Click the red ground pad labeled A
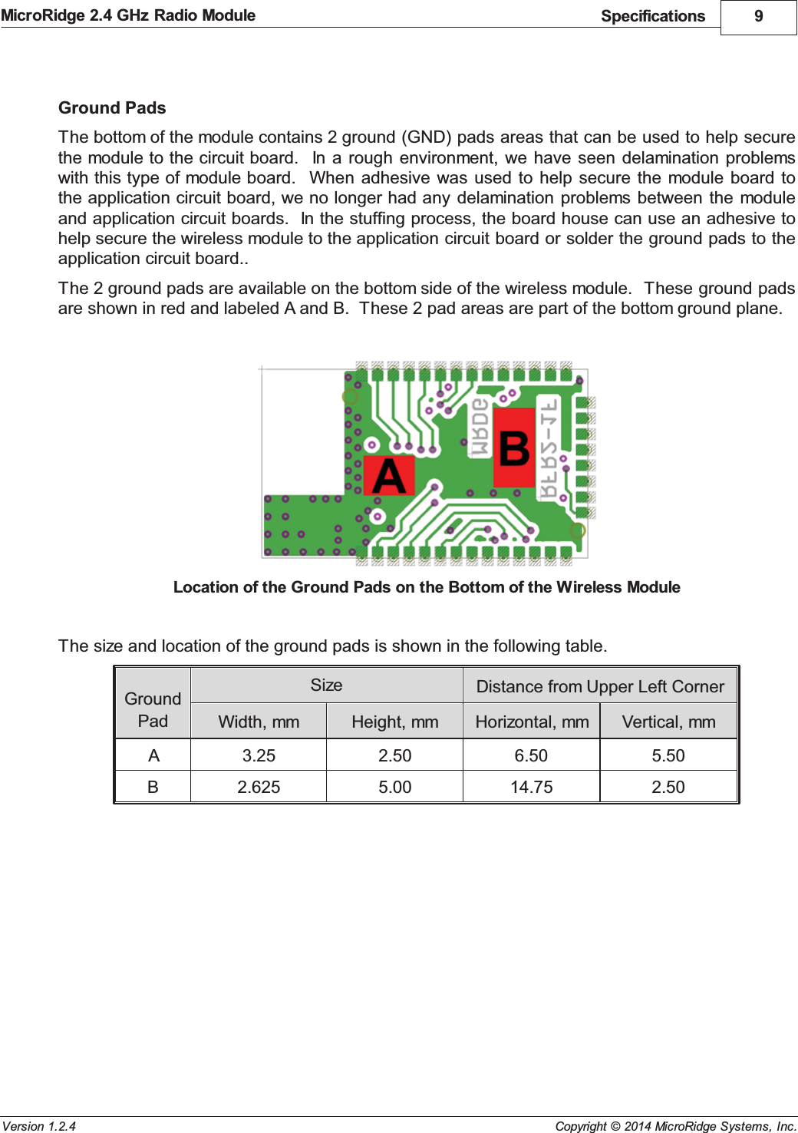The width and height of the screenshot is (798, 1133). [389, 476]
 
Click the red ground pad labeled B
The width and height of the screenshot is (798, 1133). [514, 448]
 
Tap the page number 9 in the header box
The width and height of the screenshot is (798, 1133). [758, 16]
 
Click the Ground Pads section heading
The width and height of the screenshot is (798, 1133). [112, 107]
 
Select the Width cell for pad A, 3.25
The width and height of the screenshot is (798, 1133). [259, 755]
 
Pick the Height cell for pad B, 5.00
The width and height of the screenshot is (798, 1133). [394, 787]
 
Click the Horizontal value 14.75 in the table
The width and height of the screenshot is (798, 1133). [531, 787]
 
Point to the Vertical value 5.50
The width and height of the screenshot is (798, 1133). [668, 755]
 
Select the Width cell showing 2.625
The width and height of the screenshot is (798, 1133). [259, 787]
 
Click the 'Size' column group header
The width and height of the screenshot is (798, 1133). [326, 685]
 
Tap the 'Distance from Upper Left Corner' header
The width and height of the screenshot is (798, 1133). [600, 686]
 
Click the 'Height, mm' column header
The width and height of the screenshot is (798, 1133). [394, 722]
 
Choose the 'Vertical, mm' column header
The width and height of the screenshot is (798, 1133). [668, 722]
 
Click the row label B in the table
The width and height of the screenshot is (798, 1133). [153, 787]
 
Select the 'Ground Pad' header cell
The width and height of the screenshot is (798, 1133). [153, 709]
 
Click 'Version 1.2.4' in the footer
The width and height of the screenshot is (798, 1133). [39, 1126]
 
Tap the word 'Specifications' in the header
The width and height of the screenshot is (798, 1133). [652, 16]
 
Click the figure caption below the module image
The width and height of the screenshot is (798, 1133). [427, 587]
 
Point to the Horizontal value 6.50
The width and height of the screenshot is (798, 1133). [531, 755]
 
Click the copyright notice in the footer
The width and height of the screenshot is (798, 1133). [675, 1126]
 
